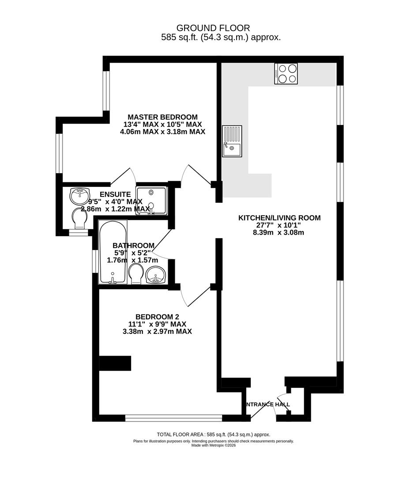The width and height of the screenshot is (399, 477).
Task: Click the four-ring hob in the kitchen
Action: pos(286,73)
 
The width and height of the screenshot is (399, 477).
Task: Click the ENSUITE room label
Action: pos(115,194)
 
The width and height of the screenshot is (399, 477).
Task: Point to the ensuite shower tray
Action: pos(151,200)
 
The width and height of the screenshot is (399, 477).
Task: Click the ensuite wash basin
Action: pos(80,194)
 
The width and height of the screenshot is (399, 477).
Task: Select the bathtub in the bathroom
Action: pos(113,252)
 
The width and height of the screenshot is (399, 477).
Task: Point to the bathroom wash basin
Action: pos(155,275)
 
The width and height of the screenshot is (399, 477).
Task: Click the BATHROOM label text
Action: pos(133,246)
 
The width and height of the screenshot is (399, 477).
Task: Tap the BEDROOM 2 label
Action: pos(157,317)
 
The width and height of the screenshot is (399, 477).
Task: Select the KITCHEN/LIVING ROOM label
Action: pos(279,218)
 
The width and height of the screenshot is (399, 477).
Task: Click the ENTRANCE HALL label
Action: pos(267,404)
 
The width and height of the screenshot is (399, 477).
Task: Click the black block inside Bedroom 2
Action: pos(115,363)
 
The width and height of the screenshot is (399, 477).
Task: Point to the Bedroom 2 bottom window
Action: pos(173,416)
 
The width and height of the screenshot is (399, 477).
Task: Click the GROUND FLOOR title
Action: pos(213,28)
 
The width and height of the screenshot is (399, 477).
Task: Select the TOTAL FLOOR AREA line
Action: pos(213,435)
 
